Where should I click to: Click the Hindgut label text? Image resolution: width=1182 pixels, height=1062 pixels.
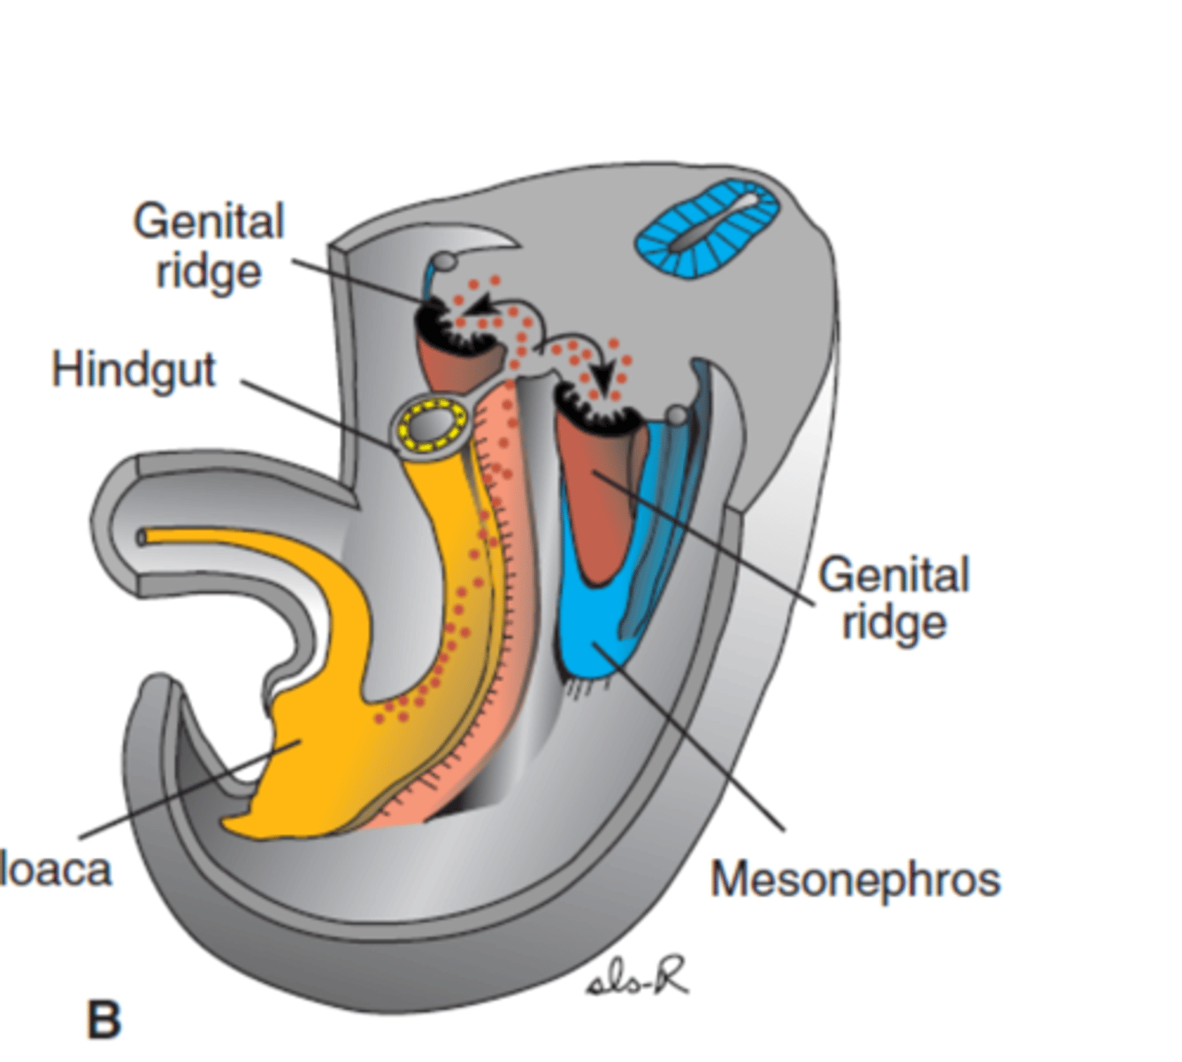coord(134,370)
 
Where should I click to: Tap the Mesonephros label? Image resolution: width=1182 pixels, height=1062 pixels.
coord(855,880)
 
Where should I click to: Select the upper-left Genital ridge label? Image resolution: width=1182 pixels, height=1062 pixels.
coord(209,246)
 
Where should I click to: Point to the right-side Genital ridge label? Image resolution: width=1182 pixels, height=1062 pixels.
coord(894,598)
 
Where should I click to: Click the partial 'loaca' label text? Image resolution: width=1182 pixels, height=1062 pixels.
coord(56,870)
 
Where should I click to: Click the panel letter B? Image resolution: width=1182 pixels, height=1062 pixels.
coord(104,1020)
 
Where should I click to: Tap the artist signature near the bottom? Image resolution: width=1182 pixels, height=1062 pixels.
coord(637,979)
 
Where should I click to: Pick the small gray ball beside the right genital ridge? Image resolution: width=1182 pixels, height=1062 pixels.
coord(677,415)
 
